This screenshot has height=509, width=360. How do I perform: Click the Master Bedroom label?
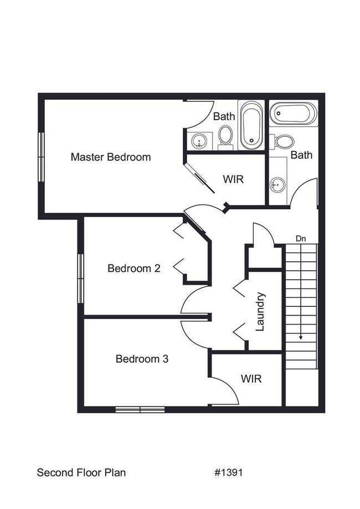click(x=111, y=157)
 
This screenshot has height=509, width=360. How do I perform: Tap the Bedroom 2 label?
click(x=134, y=269)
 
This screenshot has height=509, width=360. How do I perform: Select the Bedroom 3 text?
click(x=142, y=359)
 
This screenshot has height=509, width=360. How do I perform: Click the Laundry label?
click(x=260, y=312)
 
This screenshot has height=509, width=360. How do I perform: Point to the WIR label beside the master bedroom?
click(x=233, y=179)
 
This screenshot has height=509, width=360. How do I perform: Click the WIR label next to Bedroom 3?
click(x=251, y=379)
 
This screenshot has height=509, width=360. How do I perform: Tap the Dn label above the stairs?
click(x=301, y=239)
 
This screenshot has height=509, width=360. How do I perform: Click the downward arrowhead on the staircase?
click(x=301, y=336)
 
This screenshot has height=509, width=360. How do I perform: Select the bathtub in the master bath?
click(x=251, y=125)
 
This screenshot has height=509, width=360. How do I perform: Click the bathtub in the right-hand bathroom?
click(x=293, y=114)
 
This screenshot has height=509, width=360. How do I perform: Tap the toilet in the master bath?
click(x=225, y=136)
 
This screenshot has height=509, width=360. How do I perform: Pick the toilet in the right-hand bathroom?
click(x=284, y=141)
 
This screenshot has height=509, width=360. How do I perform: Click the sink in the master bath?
click(x=199, y=141)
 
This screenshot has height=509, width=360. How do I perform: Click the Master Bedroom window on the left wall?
click(x=40, y=157)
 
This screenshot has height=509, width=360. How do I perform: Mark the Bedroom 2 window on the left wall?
click(x=80, y=278)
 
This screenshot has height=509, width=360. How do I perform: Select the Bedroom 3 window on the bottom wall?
click(x=140, y=410)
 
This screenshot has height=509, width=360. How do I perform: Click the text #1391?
click(x=228, y=472)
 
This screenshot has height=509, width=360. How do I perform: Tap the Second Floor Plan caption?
click(x=81, y=472)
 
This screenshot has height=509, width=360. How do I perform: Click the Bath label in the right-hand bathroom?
click(x=301, y=155)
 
